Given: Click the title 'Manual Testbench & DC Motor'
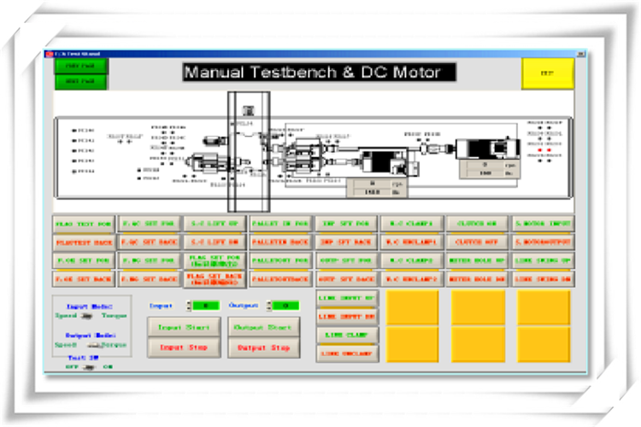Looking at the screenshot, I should [319, 72].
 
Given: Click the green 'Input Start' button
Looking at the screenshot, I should [183, 328].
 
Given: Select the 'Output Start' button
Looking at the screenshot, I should [263, 328].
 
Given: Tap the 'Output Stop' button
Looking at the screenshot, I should [263, 348].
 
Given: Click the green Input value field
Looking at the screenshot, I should [206, 305].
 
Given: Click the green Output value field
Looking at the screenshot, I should [285, 305].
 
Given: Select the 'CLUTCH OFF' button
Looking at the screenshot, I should [476, 242].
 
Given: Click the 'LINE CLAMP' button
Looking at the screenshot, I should [347, 335].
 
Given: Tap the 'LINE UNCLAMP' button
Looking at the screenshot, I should [347, 353].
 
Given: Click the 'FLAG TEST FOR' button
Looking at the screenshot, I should [84, 224].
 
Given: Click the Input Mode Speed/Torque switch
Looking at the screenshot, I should [87, 316].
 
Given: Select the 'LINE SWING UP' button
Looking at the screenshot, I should [543, 260].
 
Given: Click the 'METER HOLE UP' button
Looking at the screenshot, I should [476, 260].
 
